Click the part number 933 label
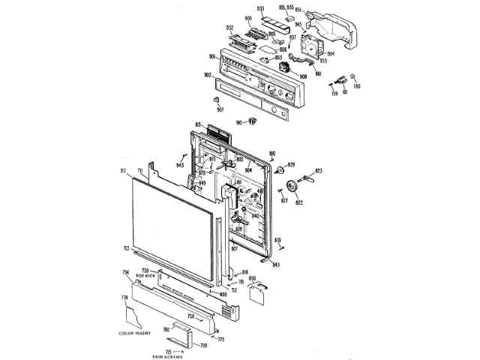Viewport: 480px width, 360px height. (x=260, y=8)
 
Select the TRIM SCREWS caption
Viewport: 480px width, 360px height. (x=167, y=356)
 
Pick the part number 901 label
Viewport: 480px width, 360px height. (x=213, y=57)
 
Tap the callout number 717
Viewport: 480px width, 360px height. (x=122, y=172)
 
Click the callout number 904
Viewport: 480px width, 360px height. (x=330, y=53)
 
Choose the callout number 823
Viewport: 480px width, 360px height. (x=318, y=172)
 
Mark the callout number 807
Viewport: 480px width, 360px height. (x=233, y=249)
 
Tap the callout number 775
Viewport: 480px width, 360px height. (x=220, y=339)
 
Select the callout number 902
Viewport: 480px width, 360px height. (x=208, y=75)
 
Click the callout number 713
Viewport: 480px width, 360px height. (x=126, y=248)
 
